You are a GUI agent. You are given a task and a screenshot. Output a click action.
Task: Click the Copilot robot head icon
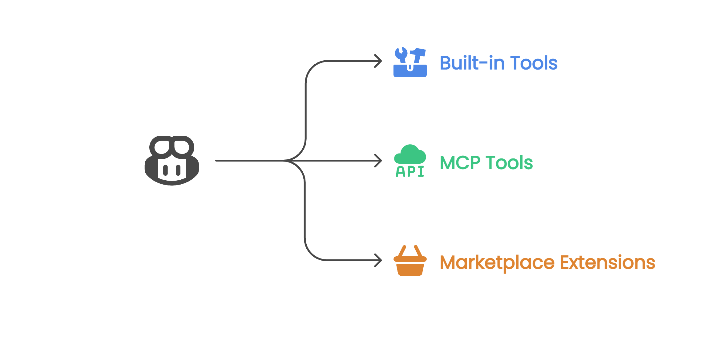point(172,160)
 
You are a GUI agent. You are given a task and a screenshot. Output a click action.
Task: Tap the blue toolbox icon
point(410,62)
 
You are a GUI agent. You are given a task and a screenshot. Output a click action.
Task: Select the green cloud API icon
point(410,161)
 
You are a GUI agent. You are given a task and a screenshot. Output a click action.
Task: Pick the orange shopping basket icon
point(410,261)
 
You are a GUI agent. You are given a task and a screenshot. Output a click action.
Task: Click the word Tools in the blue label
point(534,63)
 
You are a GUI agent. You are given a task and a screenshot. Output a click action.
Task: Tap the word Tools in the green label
point(509,163)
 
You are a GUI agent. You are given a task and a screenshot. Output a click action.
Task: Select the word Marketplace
point(497,263)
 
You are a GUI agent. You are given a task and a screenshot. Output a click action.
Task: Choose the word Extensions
point(607,262)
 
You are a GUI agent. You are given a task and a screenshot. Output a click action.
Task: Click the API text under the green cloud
point(410,172)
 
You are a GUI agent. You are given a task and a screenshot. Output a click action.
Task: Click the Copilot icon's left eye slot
point(165,170)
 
